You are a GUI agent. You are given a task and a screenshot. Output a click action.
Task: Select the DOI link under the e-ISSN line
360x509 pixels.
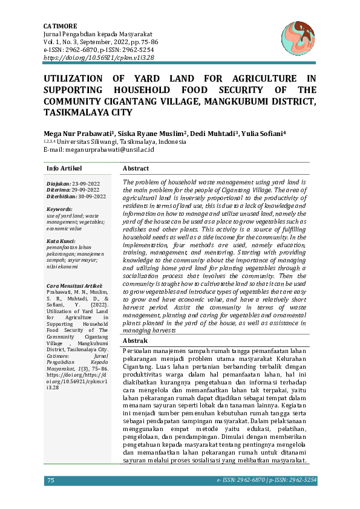point(99,57)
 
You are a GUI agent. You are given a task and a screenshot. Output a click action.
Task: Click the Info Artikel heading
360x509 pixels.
point(64,168)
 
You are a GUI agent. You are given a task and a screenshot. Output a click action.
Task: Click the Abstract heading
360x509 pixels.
point(136,168)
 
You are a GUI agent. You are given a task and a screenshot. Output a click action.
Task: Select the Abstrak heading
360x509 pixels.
point(136,341)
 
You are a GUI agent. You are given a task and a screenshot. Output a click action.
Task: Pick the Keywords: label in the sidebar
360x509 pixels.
point(59,209)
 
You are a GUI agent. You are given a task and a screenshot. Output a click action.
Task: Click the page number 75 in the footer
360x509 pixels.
point(51,480)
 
